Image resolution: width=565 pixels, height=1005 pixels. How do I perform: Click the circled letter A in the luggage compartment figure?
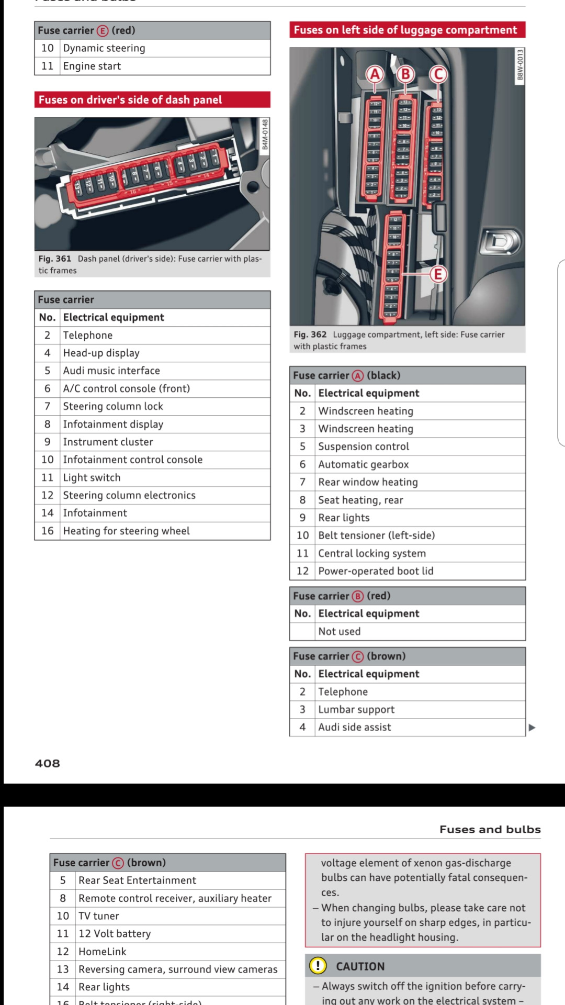click(375, 74)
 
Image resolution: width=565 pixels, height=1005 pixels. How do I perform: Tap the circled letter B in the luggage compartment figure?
click(405, 74)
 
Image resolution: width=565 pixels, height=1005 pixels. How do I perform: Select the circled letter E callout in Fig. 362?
click(438, 274)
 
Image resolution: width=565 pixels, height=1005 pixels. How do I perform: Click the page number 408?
click(48, 763)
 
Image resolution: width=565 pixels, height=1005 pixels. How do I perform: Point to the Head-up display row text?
click(101, 353)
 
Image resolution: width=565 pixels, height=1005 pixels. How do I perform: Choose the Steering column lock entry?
click(113, 406)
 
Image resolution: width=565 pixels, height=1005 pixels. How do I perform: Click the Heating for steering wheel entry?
click(126, 531)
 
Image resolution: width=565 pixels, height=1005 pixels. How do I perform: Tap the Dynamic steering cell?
click(104, 48)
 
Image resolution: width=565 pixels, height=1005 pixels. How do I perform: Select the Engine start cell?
click(92, 66)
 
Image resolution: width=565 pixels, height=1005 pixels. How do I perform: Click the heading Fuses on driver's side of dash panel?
click(130, 99)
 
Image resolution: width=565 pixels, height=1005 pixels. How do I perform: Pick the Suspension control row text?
click(364, 446)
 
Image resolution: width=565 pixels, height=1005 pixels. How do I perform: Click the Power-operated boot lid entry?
click(376, 571)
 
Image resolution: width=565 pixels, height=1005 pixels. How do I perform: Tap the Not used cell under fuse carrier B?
click(339, 631)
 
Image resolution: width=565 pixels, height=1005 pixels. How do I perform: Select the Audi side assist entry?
click(355, 727)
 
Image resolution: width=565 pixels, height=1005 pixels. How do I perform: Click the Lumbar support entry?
click(356, 709)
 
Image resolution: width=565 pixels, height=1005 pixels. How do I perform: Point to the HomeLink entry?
click(103, 952)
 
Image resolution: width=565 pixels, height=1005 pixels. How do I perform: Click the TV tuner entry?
click(99, 916)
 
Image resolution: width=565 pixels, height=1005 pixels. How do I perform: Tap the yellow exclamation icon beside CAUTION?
click(318, 966)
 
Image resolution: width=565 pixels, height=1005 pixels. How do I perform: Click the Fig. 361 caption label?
click(54, 259)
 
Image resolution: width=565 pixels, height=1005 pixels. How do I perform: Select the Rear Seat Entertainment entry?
click(137, 880)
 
